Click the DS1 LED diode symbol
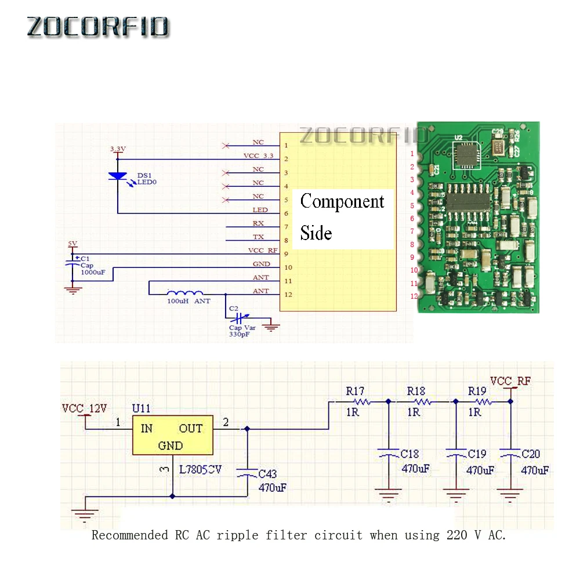[x=118, y=175]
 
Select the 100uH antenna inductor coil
[x=185, y=293]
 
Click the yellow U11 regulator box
[x=173, y=435]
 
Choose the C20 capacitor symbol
[x=510, y=455]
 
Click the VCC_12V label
[x=85, y=408]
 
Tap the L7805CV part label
[x=200, y=469]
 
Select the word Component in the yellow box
[x=342, y=201]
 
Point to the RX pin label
[x=258, y=223]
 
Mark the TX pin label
[x=258, y=237]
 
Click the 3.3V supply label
[x=118, y=149]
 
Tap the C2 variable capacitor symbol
[x=237, y=318]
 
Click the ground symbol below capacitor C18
[x=388, y=494]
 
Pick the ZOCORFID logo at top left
[x=98, y=27]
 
